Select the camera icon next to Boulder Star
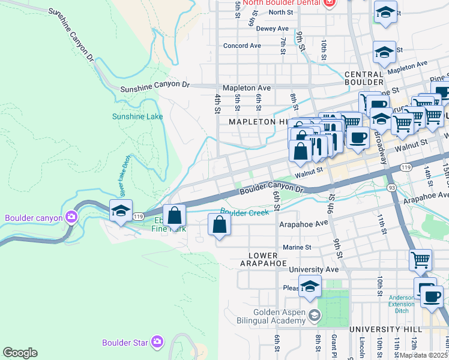click(157, 343)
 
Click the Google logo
click(20, 353)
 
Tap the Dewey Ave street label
click(273, 28)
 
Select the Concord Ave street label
click(242, 46)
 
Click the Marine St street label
click(297, 247)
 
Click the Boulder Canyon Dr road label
click(272, 189)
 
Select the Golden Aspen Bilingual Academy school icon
click(314, 315)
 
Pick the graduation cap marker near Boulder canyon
click(121, 211)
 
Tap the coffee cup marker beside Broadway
click(358, 137)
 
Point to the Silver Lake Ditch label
click(124, 176)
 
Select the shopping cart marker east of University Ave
click(420, 260)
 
